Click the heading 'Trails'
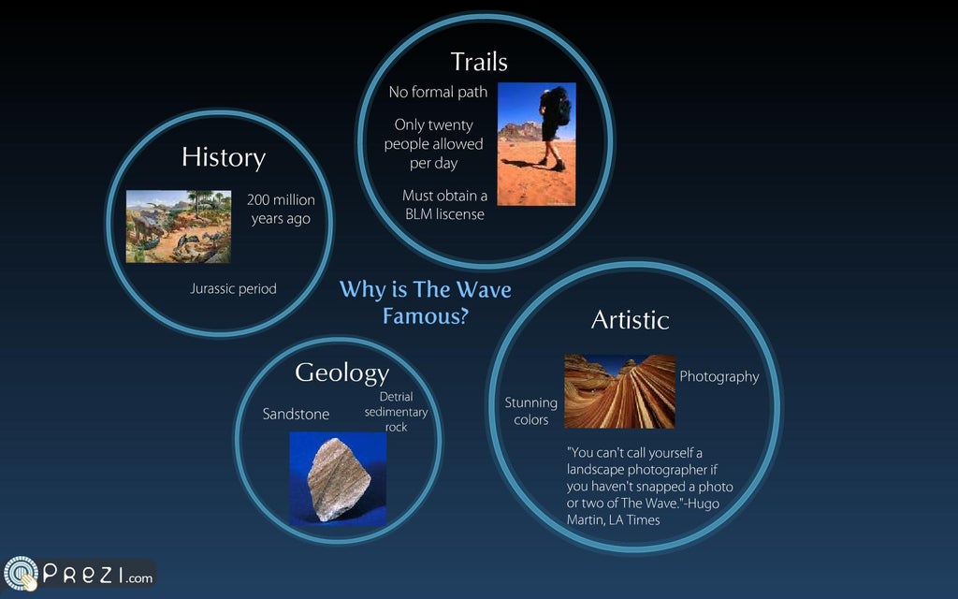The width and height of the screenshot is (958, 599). pos(479,62)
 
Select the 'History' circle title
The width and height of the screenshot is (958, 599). pos(224,157)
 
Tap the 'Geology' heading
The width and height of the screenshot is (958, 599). pos(341,373)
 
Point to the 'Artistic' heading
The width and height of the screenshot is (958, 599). pos(630,320)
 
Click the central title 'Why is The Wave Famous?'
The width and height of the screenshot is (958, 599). pos(425,302)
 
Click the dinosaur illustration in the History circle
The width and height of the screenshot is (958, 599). pos(179,226)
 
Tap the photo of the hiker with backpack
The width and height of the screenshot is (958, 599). pos(536,144)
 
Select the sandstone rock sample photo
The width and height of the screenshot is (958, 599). pos(337,478)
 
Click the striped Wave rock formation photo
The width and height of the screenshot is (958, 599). pos(619,391)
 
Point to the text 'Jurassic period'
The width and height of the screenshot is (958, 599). pos(233,289)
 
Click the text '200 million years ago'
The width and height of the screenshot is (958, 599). pos(281,210)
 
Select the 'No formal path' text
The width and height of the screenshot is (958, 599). pos(438,93)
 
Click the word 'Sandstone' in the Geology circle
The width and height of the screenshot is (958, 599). pos(296,414)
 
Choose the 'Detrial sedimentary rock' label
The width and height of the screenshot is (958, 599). pos(396,412)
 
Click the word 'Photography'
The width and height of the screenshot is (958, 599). pos(718,376)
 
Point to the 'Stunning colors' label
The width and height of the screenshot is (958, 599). pos(530,411)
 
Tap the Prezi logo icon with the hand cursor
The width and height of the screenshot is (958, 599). pos(21,574)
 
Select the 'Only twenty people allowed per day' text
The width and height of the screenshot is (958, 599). pos(433,144)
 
